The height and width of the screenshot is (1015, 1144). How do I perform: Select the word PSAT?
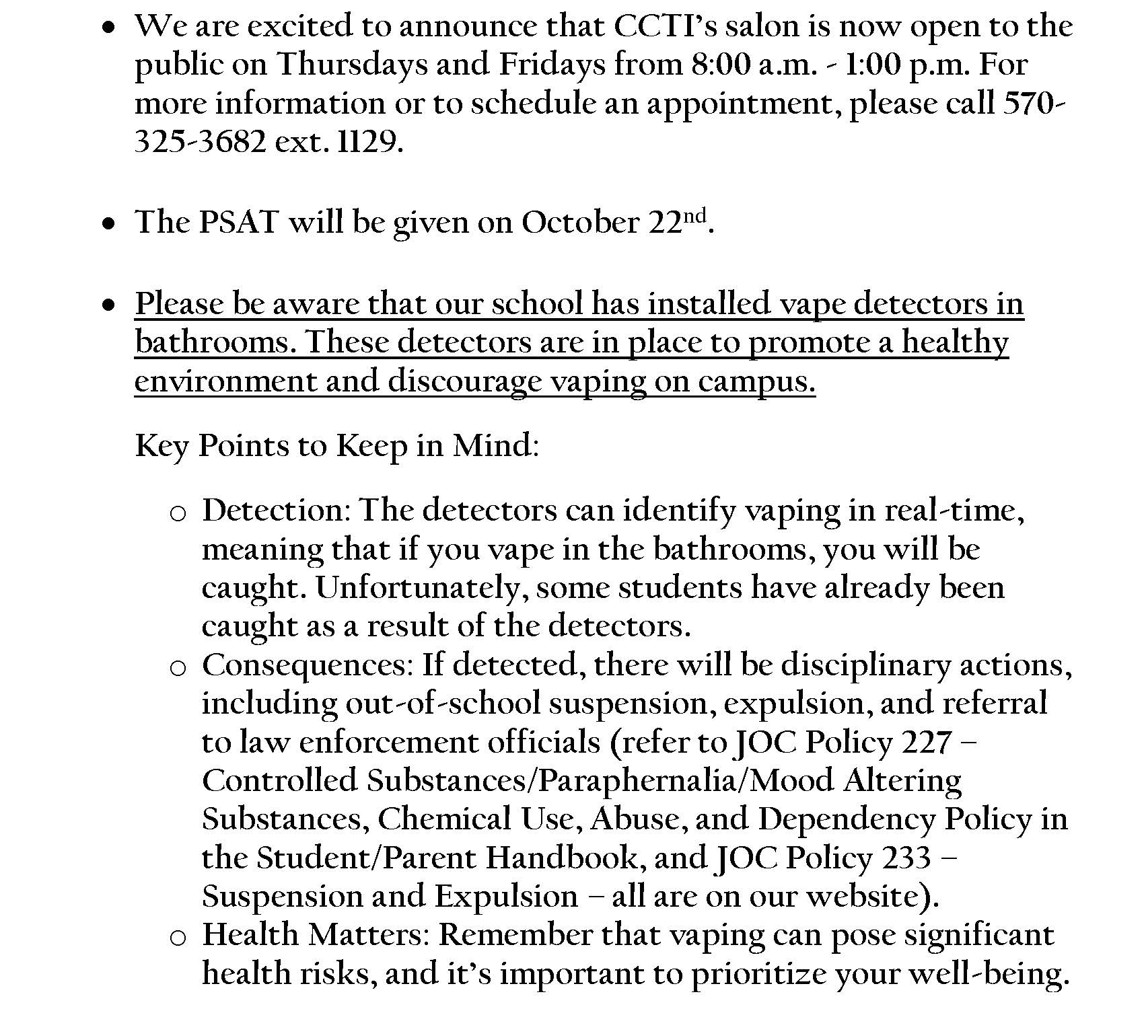tap(239, 223)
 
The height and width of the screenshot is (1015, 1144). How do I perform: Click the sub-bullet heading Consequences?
tap(307, 665)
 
